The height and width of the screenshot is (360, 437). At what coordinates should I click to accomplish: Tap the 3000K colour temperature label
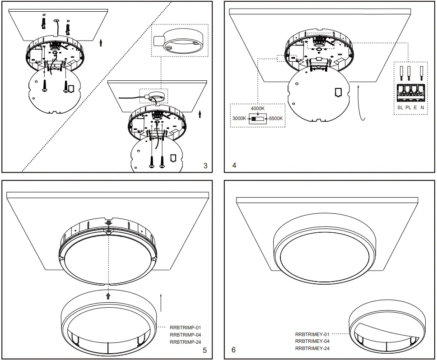[239, 118]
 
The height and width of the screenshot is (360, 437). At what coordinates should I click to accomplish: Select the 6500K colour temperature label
[276, 118]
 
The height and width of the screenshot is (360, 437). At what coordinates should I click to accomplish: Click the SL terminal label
[400, 108]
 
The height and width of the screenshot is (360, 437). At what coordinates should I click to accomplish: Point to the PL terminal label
[408, 108]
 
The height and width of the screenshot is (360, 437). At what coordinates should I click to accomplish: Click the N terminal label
[422, 108]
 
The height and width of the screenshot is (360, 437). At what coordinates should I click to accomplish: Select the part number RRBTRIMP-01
[185, 328]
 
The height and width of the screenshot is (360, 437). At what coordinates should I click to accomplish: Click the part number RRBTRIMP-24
[185, 342]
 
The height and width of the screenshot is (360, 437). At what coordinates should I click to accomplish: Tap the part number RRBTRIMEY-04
[312, 342]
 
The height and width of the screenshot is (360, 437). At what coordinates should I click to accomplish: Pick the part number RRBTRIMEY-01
[312, 334]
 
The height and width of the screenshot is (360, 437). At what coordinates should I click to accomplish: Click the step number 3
[205, 166]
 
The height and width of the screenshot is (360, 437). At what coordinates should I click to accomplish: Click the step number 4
[234, 166]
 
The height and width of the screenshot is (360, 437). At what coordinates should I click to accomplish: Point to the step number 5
[205, 350]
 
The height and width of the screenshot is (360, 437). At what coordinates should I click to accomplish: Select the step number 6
[233, 350]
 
